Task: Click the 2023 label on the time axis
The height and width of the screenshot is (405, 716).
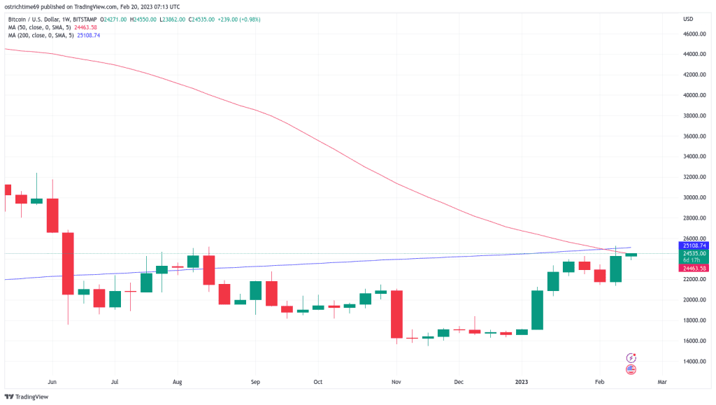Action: (x=522, y=383)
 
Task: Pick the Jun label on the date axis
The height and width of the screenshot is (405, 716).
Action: (x=51, y=383)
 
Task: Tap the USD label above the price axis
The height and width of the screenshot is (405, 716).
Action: (x=687, y=19)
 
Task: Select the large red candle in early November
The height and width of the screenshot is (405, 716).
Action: (x=396, y=314)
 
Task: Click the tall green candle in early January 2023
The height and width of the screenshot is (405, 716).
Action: (x=538, y=310)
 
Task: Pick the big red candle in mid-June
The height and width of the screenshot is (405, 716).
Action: (x=68, y=263)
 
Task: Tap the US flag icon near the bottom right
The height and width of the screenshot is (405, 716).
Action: (x=631, y=369)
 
